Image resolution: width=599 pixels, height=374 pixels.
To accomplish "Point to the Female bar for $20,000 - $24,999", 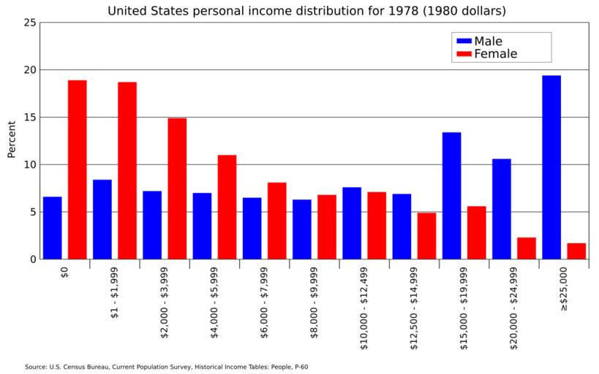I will coord(527,248).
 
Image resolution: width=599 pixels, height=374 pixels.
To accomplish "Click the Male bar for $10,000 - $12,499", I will coord(352,223).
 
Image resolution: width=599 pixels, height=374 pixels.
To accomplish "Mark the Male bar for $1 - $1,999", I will coord(102,219).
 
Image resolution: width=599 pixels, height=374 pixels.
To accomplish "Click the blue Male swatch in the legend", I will coord(462,41).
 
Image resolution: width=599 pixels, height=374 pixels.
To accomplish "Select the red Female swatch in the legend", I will coord(462,54).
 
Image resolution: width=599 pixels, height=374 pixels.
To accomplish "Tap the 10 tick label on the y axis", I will coord(30,164).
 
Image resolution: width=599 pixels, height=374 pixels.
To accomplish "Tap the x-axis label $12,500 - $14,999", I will coord(414,307).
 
